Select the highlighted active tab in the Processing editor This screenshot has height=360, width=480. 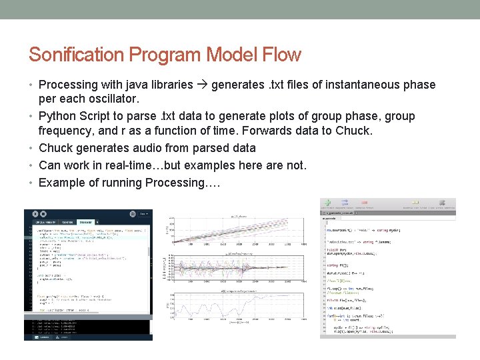(87, 222)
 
